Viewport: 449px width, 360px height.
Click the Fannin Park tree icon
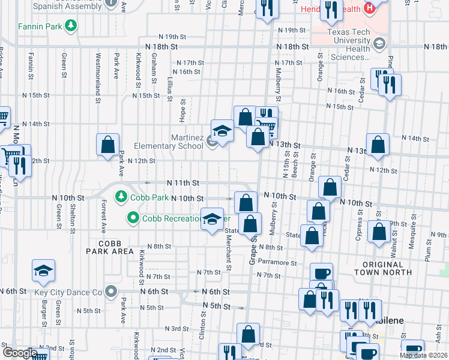(x=71, y=26)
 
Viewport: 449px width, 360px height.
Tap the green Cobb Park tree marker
(x=121, y=196)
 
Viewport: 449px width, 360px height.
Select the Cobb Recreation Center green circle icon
(x=133, y=218)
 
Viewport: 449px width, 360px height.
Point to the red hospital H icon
(x=369, y=9)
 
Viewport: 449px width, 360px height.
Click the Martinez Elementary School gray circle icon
(x=212, y=141)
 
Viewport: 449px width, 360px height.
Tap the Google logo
(x=20, y=353)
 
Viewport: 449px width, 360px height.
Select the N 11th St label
(x=182, y=182)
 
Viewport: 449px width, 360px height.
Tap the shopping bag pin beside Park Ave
(x=108, y=145)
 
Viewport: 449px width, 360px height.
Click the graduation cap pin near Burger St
(x=43, y=271)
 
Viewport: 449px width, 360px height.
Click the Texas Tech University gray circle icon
(x=379, y=44)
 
